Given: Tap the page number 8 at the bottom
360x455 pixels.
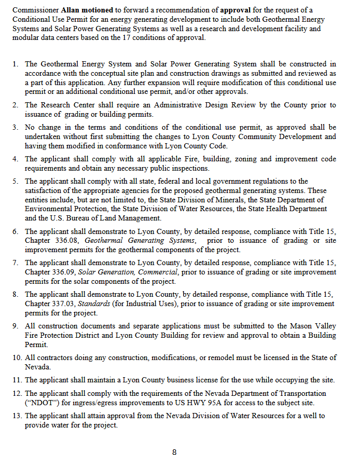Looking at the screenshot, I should pyautogui.click(x=174, y=452).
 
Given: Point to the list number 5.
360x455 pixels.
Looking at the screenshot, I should pyautogui.click(x=16, y=181).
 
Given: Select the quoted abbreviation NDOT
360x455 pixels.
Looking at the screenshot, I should pyautogui.click(x=40, y=403).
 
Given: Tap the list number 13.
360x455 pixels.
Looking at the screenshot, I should pyautogui.click(x=15, y=416).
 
